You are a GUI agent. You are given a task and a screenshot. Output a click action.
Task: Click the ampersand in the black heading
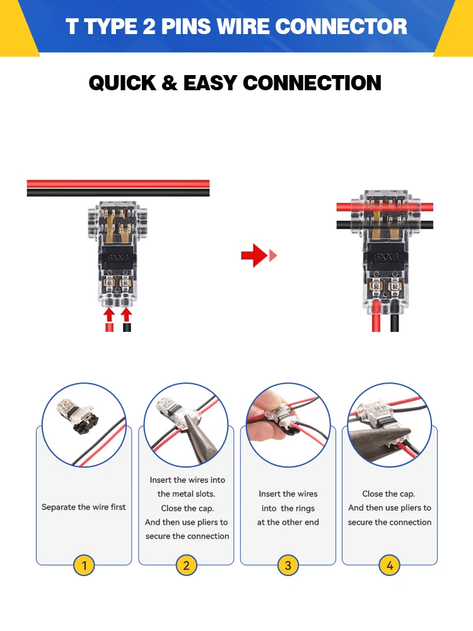pyautogui.click(x=170, y=83)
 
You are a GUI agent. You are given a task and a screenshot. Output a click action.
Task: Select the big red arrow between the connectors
pyautogui.click(x=255, y=255)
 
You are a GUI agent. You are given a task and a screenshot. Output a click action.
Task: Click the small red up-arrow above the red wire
pyautogui.click(x=109, y=314)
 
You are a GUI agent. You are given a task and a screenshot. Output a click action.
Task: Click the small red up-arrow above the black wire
pyautogui.click(x=126, y=314)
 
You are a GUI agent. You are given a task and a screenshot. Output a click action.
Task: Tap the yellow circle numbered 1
pyautogui.click(x=84, y=565)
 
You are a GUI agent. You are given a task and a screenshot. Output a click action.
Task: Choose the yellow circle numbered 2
pyautogui.click(x=186, y=565)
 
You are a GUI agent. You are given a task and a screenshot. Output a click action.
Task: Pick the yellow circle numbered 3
pyautogui.click(x=288, y=565)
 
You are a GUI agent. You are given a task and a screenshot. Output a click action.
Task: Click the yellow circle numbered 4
pyautogui.click(x=390, y=565)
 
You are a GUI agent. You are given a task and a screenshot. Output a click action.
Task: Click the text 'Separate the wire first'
pyautogui.click(x=84, y=507)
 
